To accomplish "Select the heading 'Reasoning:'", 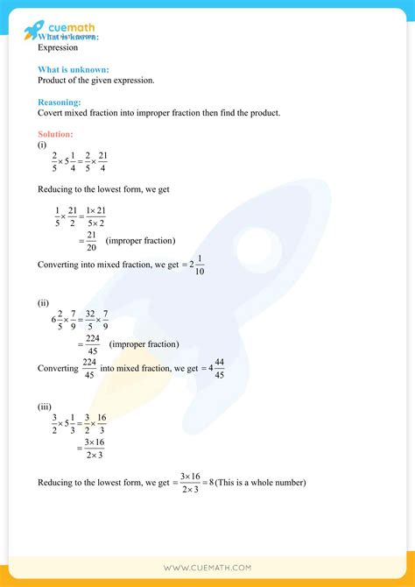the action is coord(58,102).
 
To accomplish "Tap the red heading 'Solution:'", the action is coord(56,133).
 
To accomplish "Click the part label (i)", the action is coord(42,145).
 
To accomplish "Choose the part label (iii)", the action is coord(44,407).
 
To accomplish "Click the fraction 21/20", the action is coord(91,240).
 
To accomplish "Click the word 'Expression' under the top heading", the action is coord(58,48).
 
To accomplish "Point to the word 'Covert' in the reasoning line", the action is coord(52,113).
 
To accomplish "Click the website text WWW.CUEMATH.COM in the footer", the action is coord(207,567).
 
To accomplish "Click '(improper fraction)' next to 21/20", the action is coord(140,240).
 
